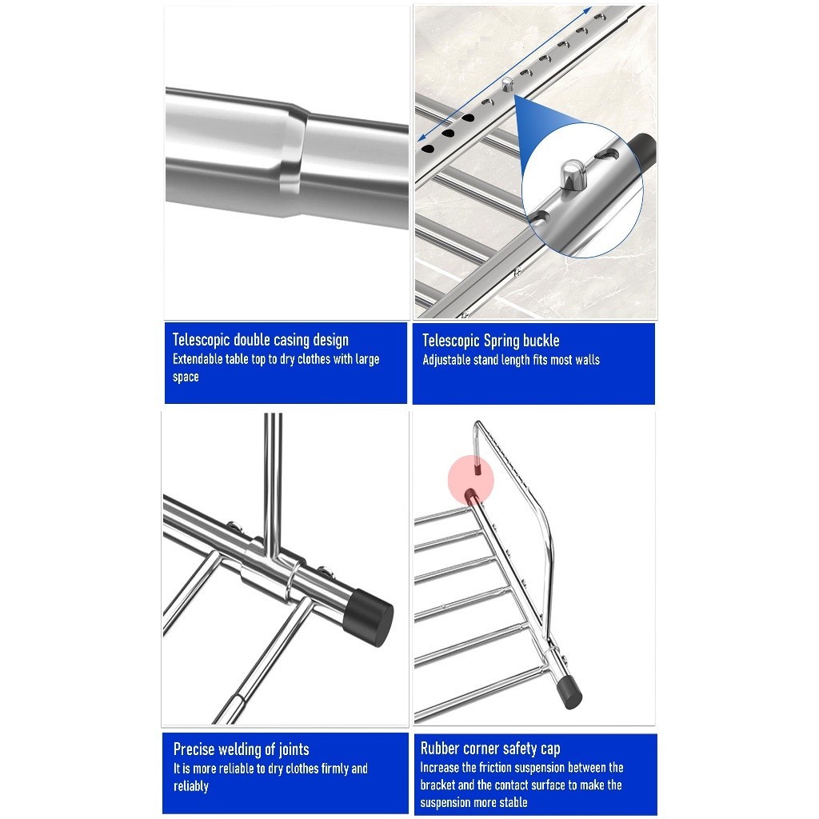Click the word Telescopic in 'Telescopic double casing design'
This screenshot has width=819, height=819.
[x=201, y=340]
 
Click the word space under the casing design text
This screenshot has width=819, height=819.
[x=186, y=378]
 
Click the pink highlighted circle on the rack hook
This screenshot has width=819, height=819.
[x=471, y=479]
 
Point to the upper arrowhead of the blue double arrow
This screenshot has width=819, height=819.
[x=587, y=10]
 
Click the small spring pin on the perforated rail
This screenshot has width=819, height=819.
[x=506, y=83]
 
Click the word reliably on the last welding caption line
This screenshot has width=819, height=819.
[x=191, y=786]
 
